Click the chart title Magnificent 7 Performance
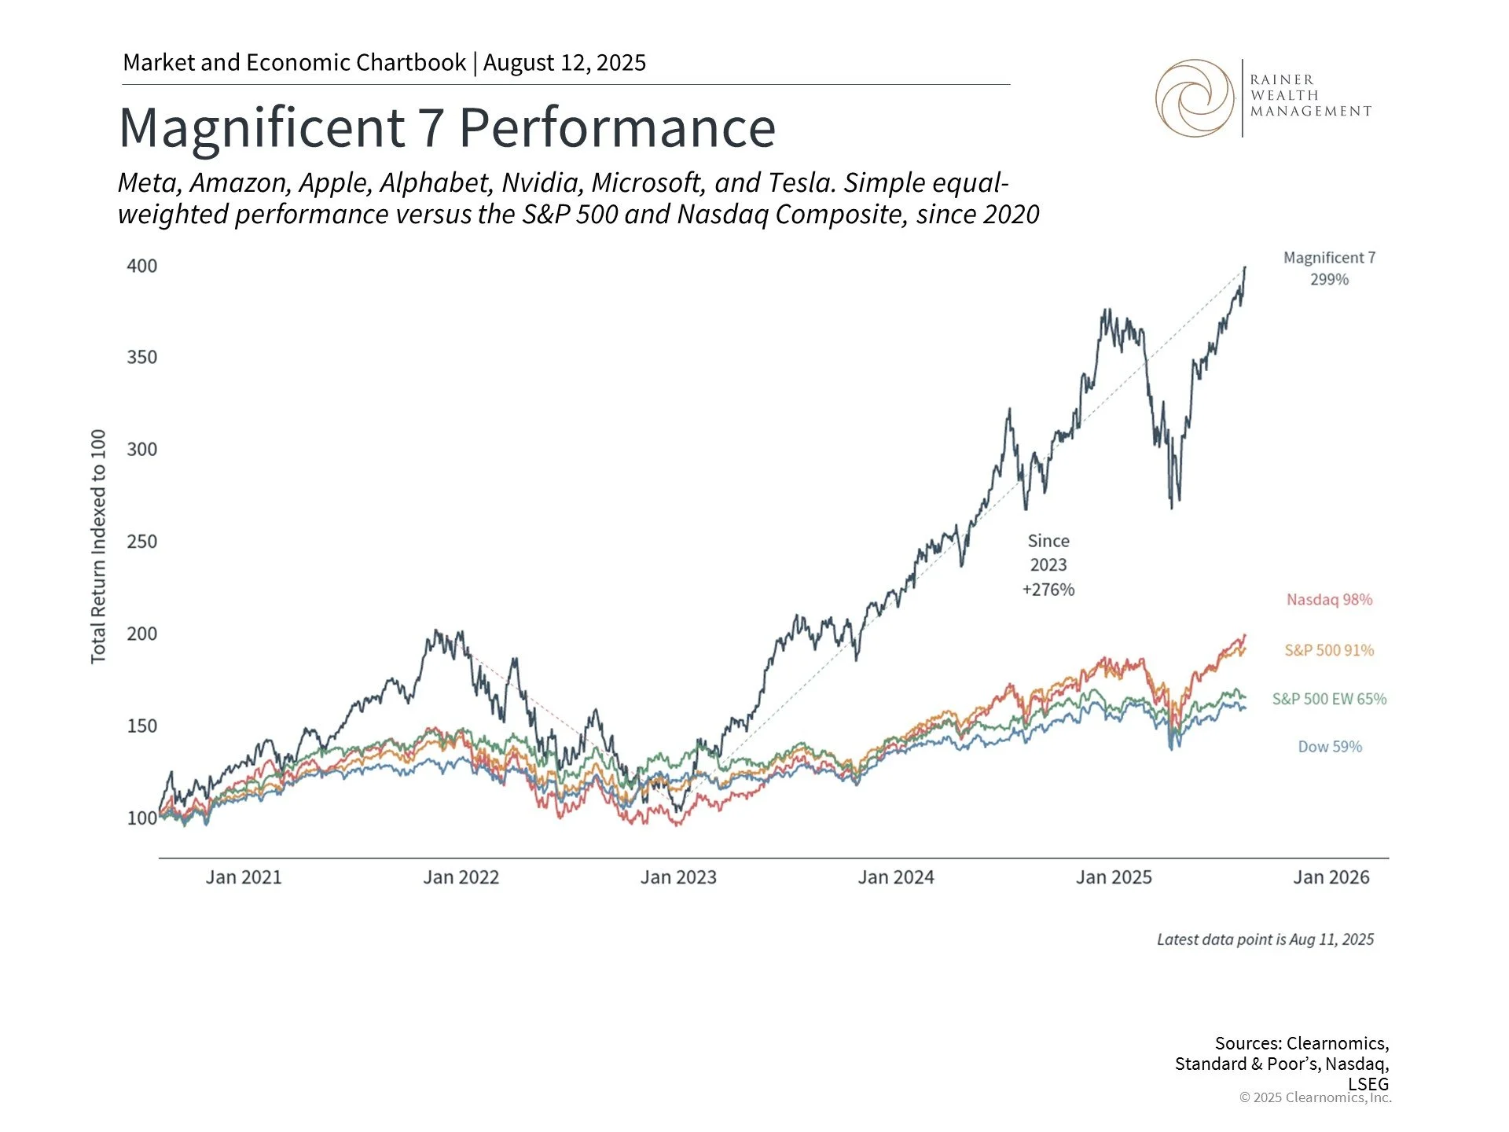pos(447,127)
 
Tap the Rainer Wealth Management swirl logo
pos(1194,98)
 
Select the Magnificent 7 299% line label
pos(1329,268)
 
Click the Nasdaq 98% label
pos(1329,600)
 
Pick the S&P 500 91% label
pos(1329,650)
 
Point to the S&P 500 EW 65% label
pos(1329,699)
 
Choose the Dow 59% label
pos(1329,747)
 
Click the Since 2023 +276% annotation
pos(1048,565)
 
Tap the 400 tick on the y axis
pos(142,266)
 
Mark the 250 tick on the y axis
pos(142,542)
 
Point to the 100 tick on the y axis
pos(142,818)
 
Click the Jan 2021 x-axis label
pos(244,877)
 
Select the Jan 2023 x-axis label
pos(678,877)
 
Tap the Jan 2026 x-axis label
pos(1331,877)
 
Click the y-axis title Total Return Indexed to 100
pos(98,546)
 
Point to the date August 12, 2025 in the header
pos(564,63)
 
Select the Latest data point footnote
pos(1265,939)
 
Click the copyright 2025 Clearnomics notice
pos(1315,1097)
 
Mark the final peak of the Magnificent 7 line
pos(1245,268)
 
